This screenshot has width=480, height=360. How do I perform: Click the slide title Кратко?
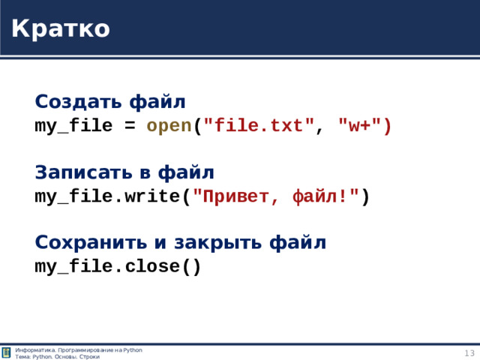pyautogui.click(x=61, y=28)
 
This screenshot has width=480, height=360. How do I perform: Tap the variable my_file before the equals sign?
pyautogui.click(x=73, y=126)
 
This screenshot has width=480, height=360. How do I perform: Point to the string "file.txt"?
pyautogui.click(x=259, y=126)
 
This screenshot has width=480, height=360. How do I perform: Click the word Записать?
pyautogui.click(x=83, y=172)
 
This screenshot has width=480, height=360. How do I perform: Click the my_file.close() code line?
pyautogui.click(x=118, y=267)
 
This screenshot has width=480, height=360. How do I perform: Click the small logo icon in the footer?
pyautogui.click(x=6, y=353)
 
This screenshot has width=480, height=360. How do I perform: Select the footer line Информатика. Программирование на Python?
pyautogui.click(x=78, y=350)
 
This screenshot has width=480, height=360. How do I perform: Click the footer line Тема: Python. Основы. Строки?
pyautogui.click(x=57, y=357)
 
